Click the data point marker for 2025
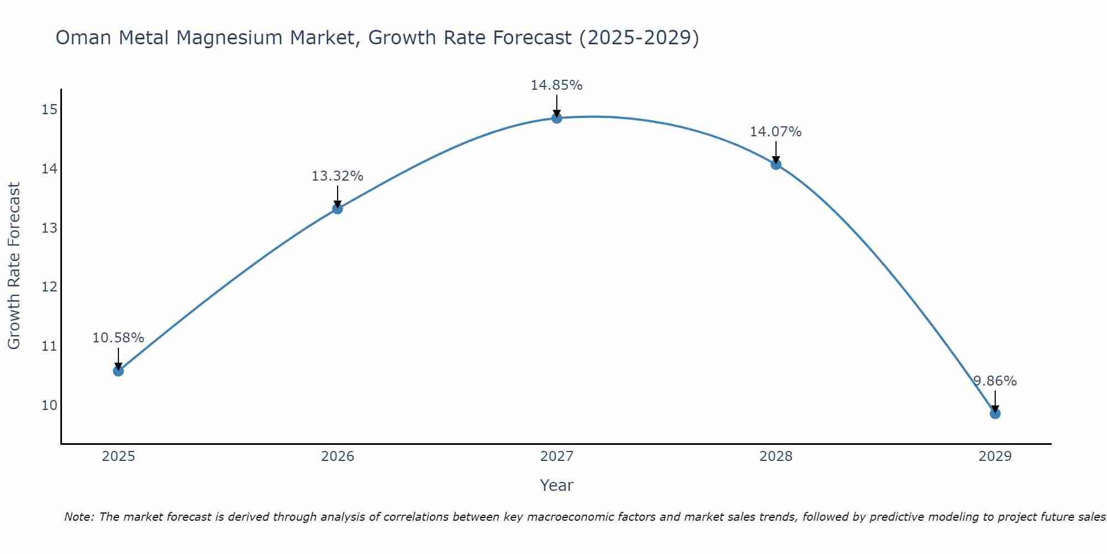click(x=118, y=371)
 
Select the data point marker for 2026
click(x=338, y=209)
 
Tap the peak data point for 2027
click(x=557, y=118)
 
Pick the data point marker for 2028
click(x=776, y=164)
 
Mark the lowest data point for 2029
click(x=995, y=413)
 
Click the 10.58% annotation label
click(x=118, y=338)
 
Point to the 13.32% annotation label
click(x=338, y=176)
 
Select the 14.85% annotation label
click(x=557, y=85)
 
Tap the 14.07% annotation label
click(x=776, y=132)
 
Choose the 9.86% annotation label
click(x=995, y=381)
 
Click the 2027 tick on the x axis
click(x=557, y=456)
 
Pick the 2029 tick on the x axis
click(x=995, y=456)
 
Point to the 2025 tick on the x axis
click(x=118, y=456)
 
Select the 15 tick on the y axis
click(x=49, y=110)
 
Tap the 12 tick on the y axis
click(x=49, y=287)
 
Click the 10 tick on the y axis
click(x=49, y=405)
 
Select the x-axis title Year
click(x=557, y=485)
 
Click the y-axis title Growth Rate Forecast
click(x=14, y=266)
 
